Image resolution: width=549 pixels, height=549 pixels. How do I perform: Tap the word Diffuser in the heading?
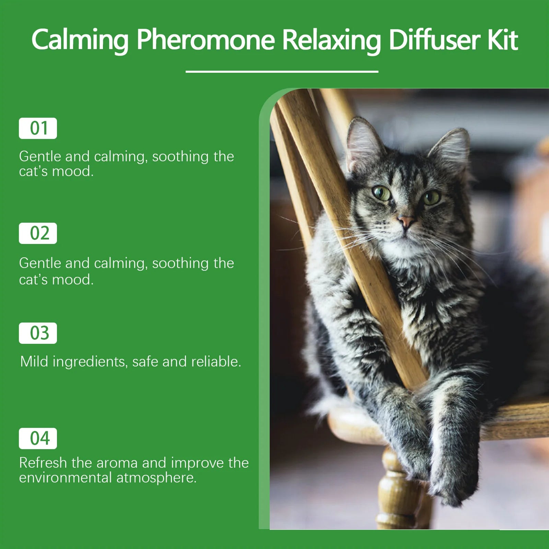click(434, 40)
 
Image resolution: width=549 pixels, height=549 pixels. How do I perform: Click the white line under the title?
click(282, 71)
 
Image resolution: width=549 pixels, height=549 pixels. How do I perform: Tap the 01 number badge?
click(38, 128)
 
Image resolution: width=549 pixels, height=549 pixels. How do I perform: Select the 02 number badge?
click(38, 233)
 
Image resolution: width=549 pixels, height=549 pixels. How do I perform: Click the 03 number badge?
click(38, 333)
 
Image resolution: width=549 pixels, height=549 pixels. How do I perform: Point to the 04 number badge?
click(38, 439)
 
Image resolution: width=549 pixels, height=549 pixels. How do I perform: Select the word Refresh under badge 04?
click(43, 463)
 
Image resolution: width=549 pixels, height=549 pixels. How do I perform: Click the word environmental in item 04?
click(65, 478)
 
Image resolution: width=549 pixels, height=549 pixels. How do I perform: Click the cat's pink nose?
click(406, 220)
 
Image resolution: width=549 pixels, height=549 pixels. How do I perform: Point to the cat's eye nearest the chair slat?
click(381, 193)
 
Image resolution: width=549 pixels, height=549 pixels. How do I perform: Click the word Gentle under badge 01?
click(40, 156)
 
